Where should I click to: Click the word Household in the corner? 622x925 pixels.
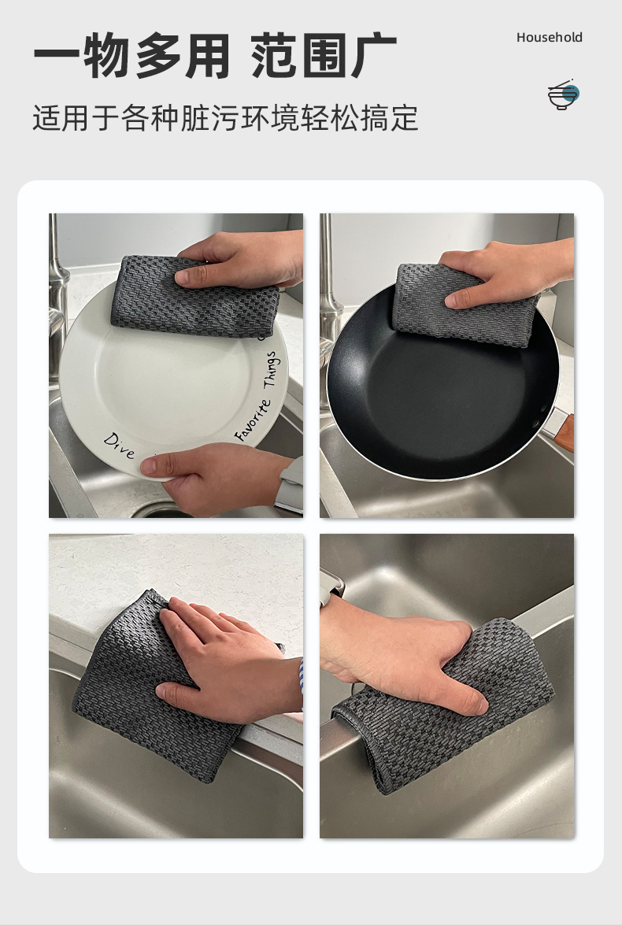click(550, 38)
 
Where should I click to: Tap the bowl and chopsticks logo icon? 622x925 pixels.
click(564, 94)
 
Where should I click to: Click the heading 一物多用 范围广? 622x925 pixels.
click(215, 57)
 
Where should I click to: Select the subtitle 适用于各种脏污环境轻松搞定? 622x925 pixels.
click(225, 118)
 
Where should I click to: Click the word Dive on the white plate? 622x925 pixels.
click(120, 446)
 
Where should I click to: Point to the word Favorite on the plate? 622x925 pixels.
click(254, 420)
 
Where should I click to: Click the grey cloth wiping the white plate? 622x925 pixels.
click(194, 298)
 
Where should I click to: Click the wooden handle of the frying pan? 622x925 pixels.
click(565, 433)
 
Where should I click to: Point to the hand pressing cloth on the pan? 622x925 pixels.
click(508, 271)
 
